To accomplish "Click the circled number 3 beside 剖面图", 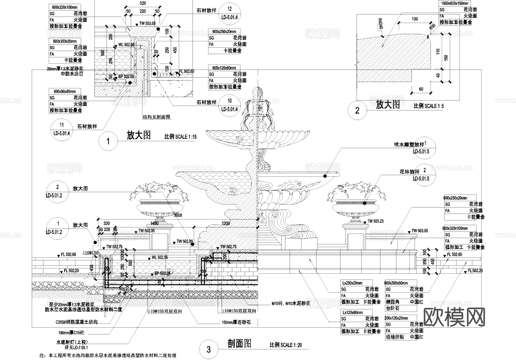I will coord(208,349).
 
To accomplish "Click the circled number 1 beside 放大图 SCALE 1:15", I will coord(108,141).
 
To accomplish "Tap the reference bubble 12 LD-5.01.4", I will coord(229,13).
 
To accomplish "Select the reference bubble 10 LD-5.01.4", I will coord(229,105).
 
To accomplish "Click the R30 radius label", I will coord(432,27).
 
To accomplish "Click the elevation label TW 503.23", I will coord(375,221).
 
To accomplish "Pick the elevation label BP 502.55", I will coord(126,77).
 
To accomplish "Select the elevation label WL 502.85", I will coord(126,45).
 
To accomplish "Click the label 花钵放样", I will coord(409,172).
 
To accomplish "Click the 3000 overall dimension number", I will coord(178,215).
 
